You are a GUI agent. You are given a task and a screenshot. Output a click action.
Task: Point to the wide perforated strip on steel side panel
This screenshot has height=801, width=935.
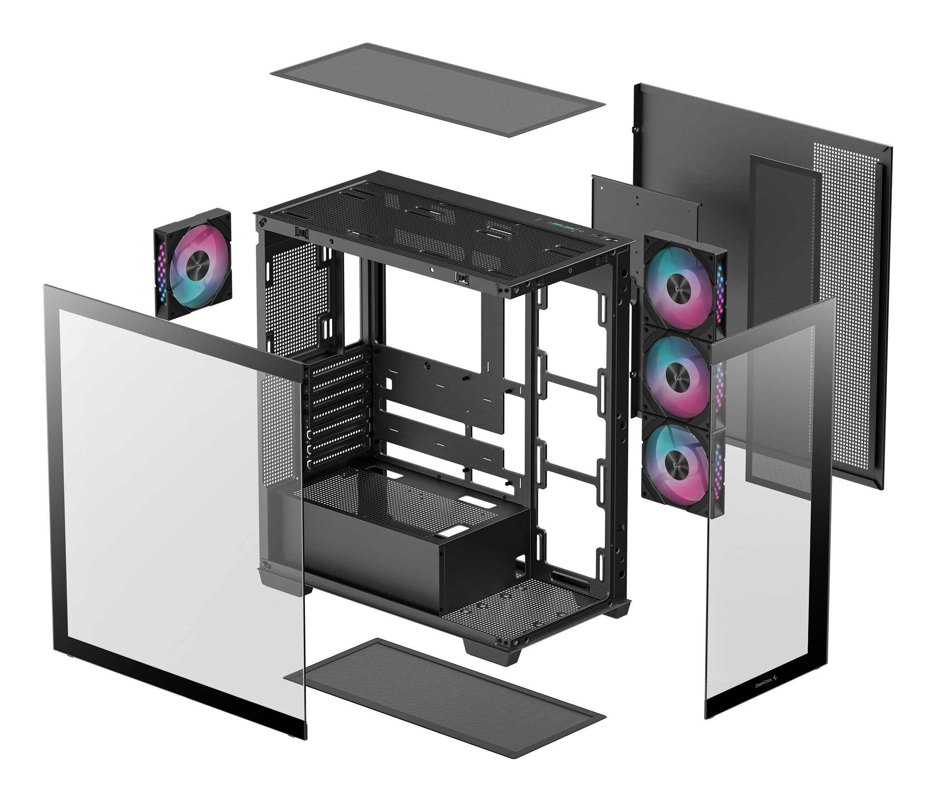[x=844, y=316]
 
